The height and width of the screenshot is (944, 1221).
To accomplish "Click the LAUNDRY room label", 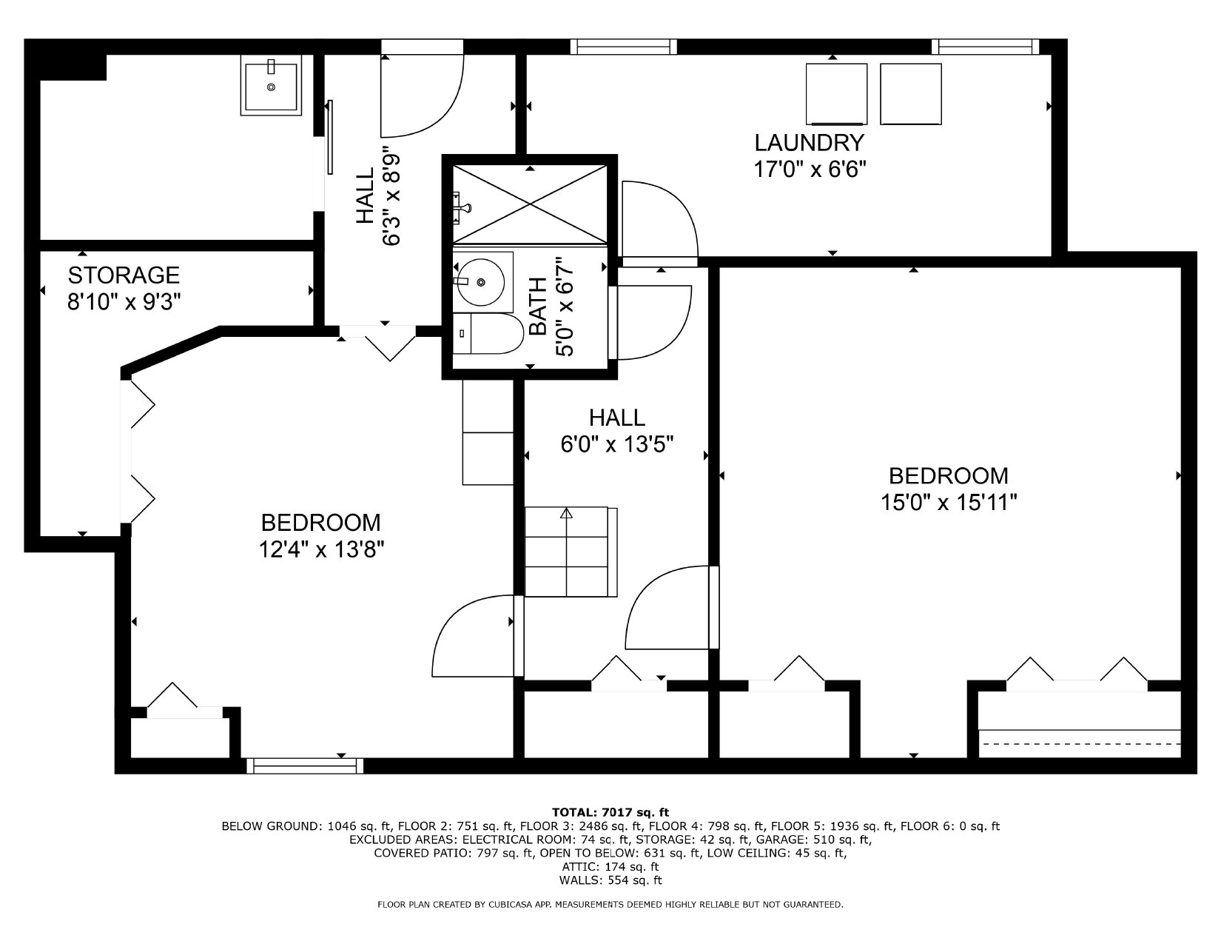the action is pyautogui.click(x=809, y=143).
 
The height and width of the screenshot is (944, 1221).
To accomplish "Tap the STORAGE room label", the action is pyautogui.click(x=124, y=275).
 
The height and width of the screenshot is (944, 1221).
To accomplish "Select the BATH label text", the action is pyautogui.click(x=538, y=307).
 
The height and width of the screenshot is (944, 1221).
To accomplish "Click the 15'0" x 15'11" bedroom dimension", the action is pyautogui.click(x=949, y=502).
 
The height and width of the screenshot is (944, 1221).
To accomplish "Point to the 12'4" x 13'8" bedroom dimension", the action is pyautogui.click(x=321, y=549).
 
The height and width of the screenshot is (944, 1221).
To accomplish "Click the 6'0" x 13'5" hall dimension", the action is pyautogui.click(x=617, y=445).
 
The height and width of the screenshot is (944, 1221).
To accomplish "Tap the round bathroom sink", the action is pyautogui.click(x=481, y=282).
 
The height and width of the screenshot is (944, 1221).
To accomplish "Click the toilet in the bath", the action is pyautogui.click(x=488, y=333).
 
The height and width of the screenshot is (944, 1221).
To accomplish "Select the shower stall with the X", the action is pyautogui.click(x=530, y=204).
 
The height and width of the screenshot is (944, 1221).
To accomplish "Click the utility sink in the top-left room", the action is pyautogui.click(x=272, y=85).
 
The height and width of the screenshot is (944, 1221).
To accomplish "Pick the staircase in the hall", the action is pyautogui.click(x=571, y=552).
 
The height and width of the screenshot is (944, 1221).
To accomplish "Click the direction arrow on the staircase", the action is pyautogui.click(x=566, y=513).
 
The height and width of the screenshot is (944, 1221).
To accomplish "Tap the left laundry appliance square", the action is pyautogui.click(x=836, y=94).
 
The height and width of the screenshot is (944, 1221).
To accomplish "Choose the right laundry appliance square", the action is pyautogui.click(x=911, y=94).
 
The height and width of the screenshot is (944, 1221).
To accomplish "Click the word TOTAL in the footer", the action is pyautogui.click(x=573, y=812).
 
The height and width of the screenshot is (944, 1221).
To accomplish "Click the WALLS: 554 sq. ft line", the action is pyautogui.click(x=610, y=880).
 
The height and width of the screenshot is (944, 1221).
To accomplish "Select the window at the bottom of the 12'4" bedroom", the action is pyautogui.click(x=305, y=766).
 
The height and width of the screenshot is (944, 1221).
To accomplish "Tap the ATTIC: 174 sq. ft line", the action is pyautogui.click(x=610, y=866).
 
